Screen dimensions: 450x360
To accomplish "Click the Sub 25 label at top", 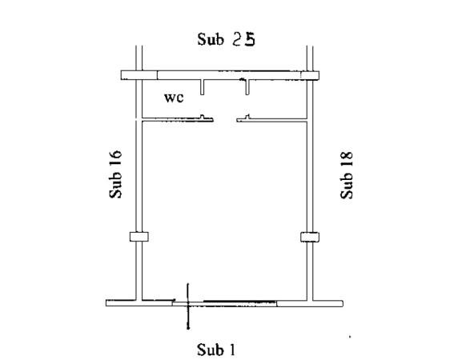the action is [x=226, y=39].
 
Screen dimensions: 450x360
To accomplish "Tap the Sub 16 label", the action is [x=115, y=174].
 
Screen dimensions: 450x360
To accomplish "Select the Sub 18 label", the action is [x=347, y=175].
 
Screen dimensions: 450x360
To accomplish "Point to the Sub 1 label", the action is [x=216, y=350].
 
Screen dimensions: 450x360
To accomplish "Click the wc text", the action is [x=174, y=98].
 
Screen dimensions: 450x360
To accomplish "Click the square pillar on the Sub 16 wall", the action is [x=139, y=237].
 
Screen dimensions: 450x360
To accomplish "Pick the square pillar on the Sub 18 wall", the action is [x=310, y=237].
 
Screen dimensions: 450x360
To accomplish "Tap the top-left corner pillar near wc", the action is [x=139, y=75].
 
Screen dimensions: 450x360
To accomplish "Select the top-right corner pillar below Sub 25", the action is [x=310, y=75].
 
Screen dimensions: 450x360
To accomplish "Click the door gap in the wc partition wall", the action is [x=225, y=120].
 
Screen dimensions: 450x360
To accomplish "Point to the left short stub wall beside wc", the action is [x=202, y=87].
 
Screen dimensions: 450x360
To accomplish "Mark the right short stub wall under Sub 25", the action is [x=247, y=87].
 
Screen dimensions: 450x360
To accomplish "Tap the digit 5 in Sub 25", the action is [x=249, y=39].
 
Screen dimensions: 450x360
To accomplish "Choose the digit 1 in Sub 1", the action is [x=232, y=350].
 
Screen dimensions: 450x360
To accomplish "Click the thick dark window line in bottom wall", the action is [x=239, y=302].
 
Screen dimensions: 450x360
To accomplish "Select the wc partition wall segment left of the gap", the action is [x=178, y=119].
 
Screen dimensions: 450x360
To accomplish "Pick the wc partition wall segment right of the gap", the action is [x=272, y=119].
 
